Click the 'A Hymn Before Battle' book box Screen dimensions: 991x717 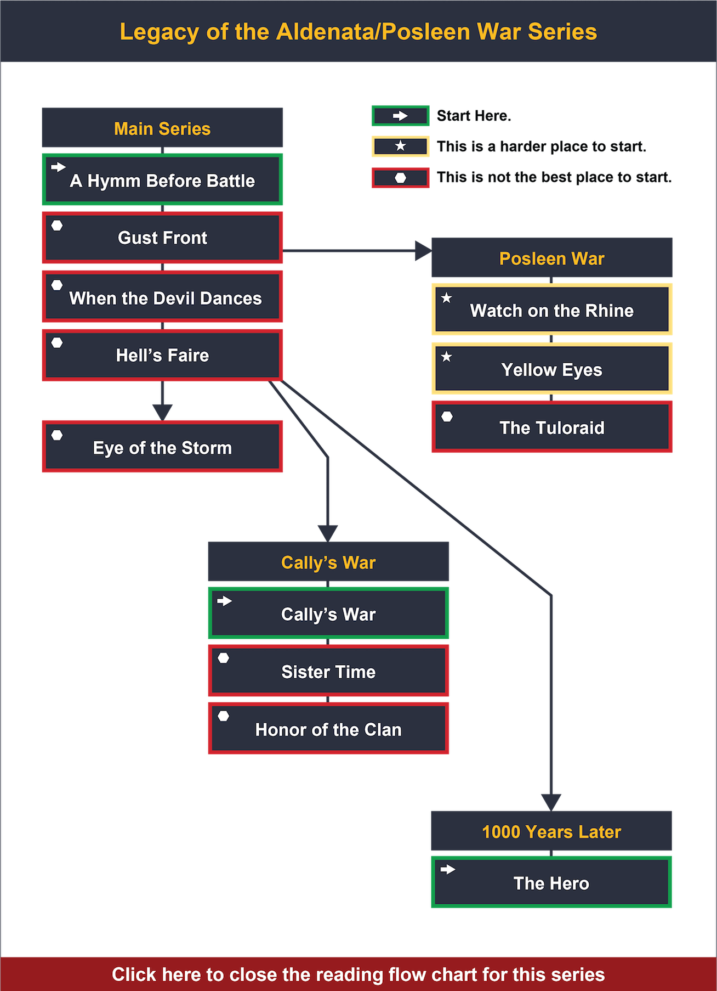[x=162, y=180]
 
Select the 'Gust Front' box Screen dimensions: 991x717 [x=162, y=238]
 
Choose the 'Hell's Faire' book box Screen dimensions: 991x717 [x=162, y=355]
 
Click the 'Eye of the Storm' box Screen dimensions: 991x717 [x=162, y=447]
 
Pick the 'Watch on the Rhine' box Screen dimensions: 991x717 [x=552, y=310]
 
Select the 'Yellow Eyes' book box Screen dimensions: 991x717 [x=552, y=369]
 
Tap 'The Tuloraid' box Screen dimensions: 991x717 [x=552, y=427]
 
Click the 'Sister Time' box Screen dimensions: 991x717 [x=328, y=671]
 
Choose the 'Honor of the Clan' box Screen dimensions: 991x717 [x=328, y=729]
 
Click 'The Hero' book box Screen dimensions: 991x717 [x=551, y=882]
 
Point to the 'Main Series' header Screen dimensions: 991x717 [x=162, y=128]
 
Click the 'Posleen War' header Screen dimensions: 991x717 [x=552, y=258]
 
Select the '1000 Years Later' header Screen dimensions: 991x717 [x=551, y=831]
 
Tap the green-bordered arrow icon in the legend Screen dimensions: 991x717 [x=400, y=116]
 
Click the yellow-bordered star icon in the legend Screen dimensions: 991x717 [x=400, y=147]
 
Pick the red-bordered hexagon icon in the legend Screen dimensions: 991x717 [x=400, y=178]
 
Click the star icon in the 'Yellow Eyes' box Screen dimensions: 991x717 [x=447, y=357]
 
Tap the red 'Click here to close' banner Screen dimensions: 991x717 [x=358, y=974]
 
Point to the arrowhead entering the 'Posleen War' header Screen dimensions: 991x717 [x=423, y=251]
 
